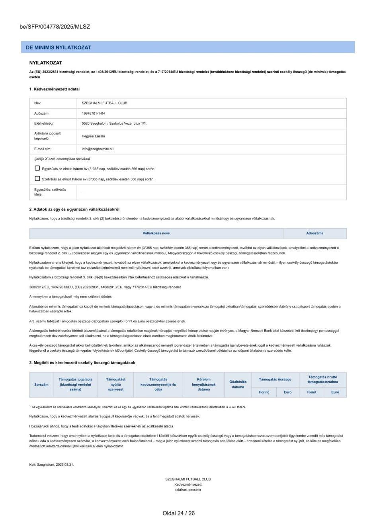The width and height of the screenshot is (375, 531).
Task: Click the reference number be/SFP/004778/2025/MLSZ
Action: coord(55,27)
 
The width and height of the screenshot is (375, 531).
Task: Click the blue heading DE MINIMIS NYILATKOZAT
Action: coord(59,47)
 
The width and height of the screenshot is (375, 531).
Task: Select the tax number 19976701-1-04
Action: coord(93,114)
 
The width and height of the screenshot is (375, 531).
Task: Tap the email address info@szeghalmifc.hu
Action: coord(98,149)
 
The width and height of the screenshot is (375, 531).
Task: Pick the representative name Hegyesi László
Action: coord(93,136)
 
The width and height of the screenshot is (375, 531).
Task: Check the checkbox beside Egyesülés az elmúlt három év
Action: coord(37,169)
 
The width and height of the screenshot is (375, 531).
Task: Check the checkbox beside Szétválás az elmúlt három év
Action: coord(37,179)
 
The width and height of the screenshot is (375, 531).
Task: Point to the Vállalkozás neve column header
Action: coord(156,233)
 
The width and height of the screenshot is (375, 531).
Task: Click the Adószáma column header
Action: coord(314,233)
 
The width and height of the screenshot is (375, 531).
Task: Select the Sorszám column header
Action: coord(41,384)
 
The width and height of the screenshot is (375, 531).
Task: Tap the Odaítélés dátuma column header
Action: coord(238,384)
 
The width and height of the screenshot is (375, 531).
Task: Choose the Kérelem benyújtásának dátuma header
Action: coord(203,384)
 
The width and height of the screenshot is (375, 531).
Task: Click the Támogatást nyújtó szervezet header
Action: coord(116,384)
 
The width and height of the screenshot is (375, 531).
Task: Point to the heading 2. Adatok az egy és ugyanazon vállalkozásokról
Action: coord(74,209)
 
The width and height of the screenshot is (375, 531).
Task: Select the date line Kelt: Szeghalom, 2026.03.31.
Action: coord(51,464)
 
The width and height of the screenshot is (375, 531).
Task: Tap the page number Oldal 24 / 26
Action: coord(178,513)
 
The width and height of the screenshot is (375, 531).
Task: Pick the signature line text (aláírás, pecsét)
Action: coord(188,490)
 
